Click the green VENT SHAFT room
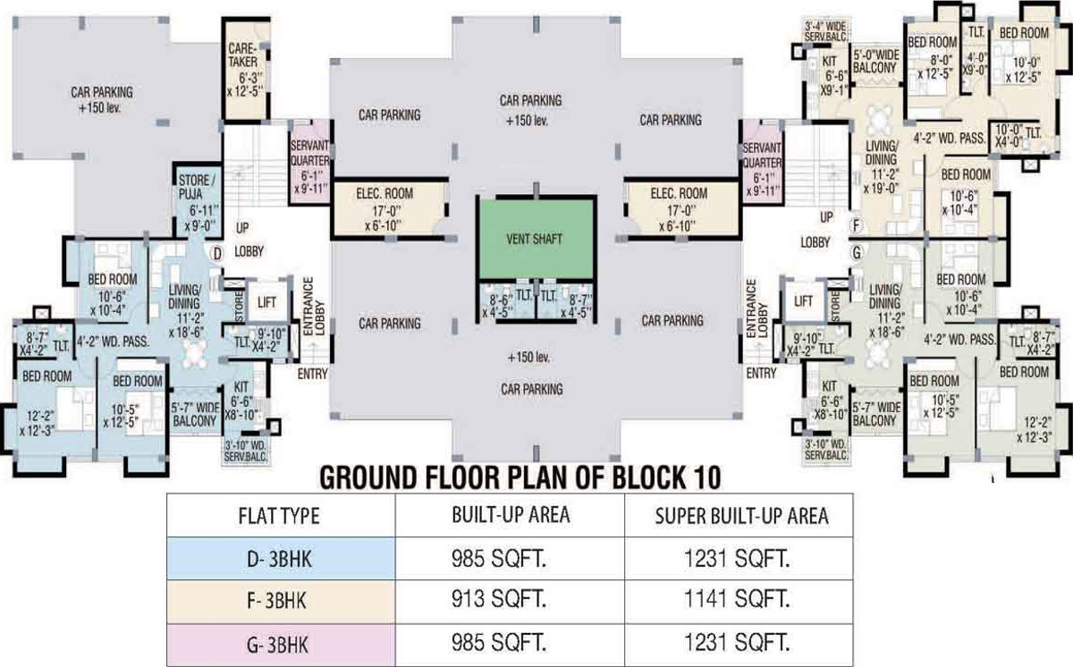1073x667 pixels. click(536, 239)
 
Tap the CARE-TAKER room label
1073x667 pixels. click(242, 55)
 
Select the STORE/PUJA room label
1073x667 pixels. click(195, 189)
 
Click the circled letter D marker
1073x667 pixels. click(216, 254)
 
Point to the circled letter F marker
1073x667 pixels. click(857, 224)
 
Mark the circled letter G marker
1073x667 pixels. click(857, 253)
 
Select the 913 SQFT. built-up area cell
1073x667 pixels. click(511, 600)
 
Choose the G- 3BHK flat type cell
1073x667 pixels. click(280, 641)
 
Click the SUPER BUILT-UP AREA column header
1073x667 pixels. click(741, 516)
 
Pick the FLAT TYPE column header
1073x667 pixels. click(280, 516)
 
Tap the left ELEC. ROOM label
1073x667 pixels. click(389, 193)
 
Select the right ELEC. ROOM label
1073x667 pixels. click(680, 193)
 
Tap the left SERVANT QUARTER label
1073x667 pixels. click(310, 154)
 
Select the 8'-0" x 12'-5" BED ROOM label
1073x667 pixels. click(932, 42)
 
